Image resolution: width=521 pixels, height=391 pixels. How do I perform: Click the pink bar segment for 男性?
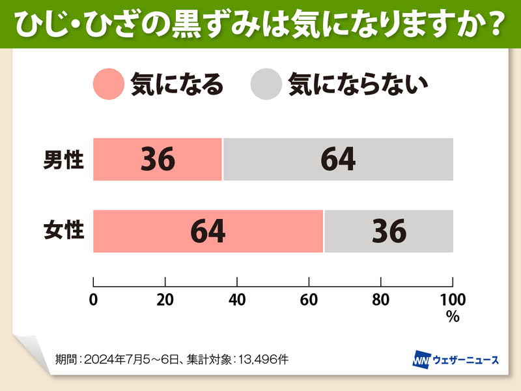pyautogui.click(x=158, y=159)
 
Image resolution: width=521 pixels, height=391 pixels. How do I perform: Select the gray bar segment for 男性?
pyautogui.click(x=338, y=159)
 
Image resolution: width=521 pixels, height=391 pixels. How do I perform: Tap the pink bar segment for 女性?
pyautogui.click(x=208, y=231)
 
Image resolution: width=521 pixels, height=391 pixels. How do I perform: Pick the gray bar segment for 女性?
pyautogui.click(x=389, y=231)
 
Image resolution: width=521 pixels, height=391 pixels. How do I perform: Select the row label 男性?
pyautogui.click(x=64, y=159)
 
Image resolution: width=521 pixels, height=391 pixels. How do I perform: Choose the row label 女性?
pyautogui.click(x=64, y=231)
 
